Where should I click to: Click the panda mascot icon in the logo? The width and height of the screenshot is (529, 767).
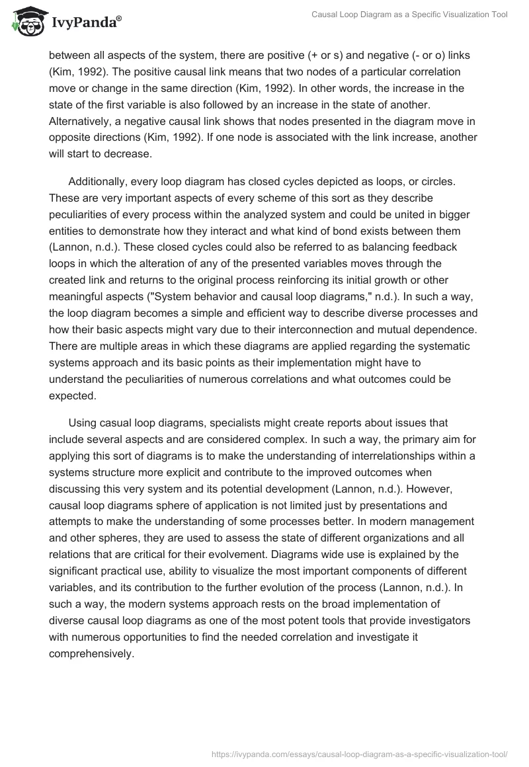25,21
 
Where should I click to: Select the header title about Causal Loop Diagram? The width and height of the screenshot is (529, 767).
410,15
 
